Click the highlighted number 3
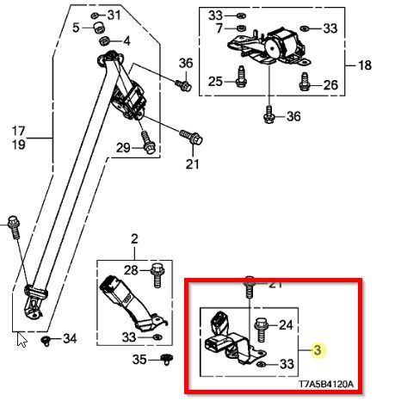318,350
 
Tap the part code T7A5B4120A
326,384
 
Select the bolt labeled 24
261,330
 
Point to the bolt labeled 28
157,275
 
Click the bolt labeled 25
241,77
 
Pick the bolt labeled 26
305,82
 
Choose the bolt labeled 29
147,142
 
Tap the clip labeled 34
46,342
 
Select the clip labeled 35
166,360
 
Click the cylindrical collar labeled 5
100,28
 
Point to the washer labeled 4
104,40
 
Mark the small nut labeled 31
95,15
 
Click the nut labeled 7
241,28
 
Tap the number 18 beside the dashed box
365,65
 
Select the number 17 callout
19,131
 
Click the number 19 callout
19,145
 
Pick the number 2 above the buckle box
134,239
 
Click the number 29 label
123,148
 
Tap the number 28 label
131,270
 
